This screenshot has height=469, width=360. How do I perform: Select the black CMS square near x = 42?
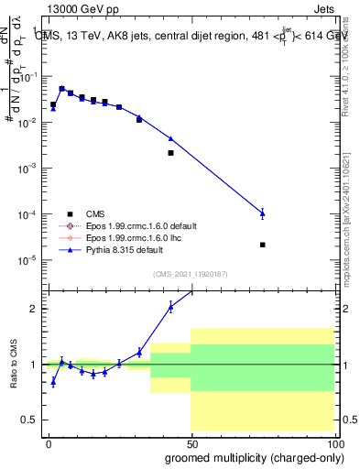pyautogui.click(x=170, y=153)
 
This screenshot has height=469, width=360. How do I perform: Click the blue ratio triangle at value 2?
pyautogui.click(x=170, y=307)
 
